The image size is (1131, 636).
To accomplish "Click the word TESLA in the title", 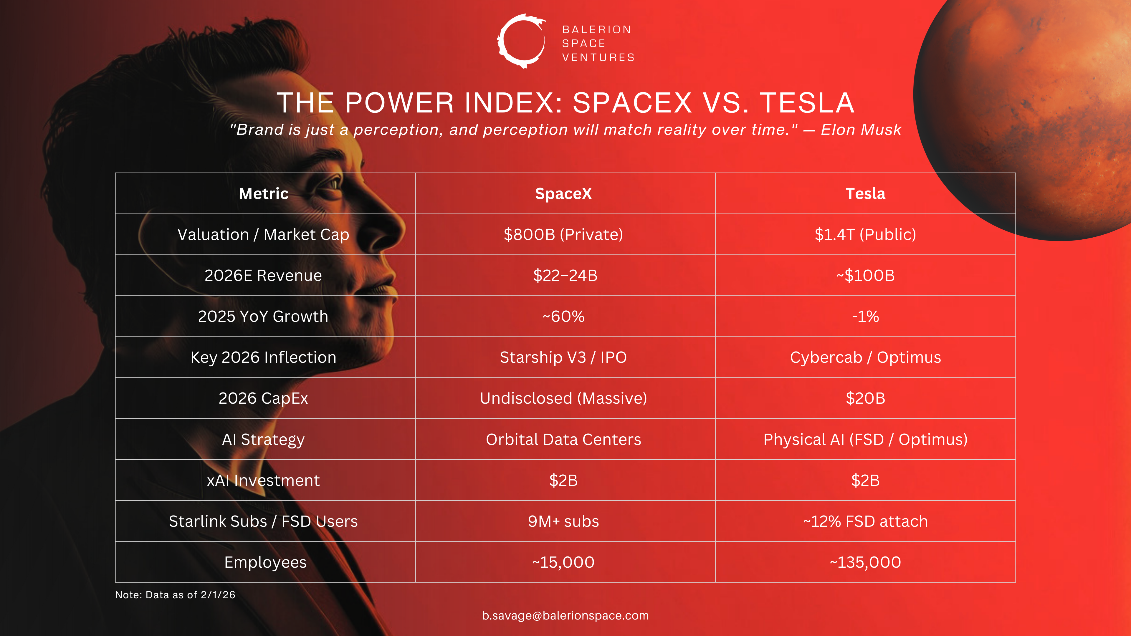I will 807,103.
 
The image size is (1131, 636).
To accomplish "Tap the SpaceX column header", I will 563,193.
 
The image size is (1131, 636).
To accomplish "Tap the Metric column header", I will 263,193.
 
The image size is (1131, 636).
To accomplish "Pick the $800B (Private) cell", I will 563,234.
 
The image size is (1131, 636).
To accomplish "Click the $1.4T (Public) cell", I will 865,234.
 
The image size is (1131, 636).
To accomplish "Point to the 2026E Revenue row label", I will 263,276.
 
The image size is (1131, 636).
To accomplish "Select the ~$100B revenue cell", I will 865,276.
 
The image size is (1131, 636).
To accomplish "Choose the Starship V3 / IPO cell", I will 563,357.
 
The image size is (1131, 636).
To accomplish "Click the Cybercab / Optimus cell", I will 865,357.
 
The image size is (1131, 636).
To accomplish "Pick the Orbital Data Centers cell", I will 563,439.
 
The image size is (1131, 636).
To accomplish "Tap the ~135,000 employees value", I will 865,562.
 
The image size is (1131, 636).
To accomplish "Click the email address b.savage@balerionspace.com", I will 565,615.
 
